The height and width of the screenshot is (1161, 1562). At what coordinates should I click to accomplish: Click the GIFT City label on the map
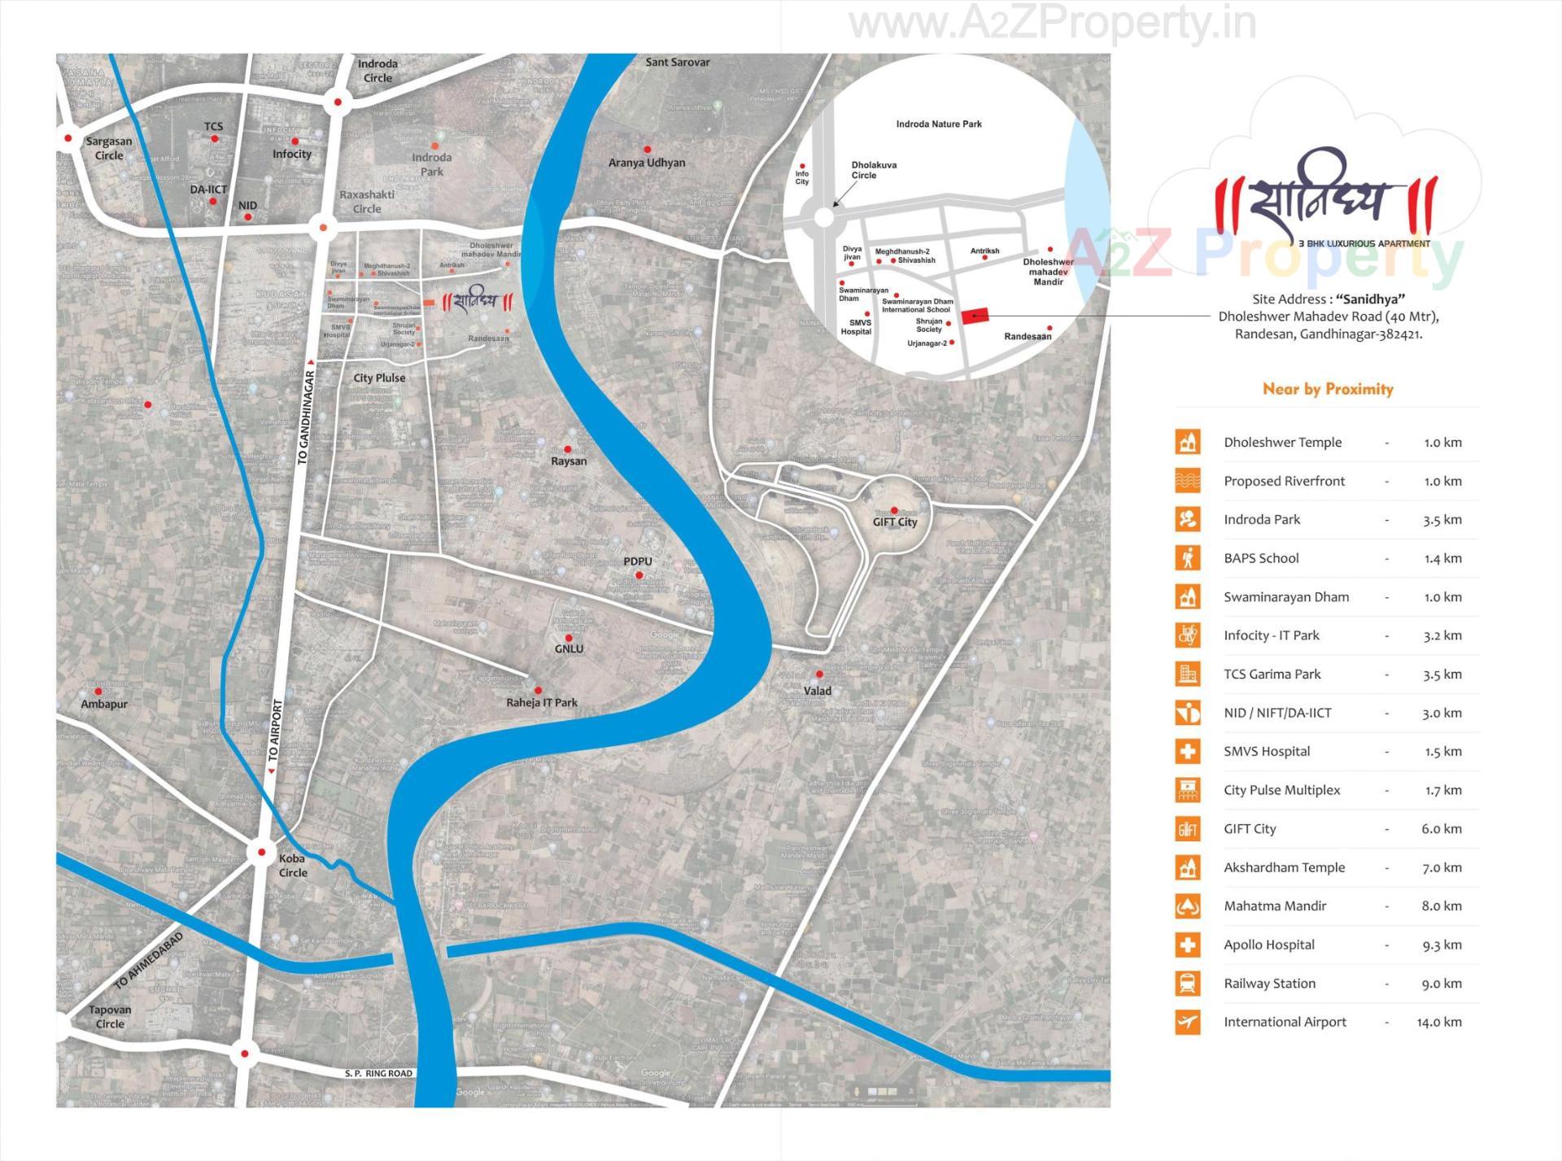click(895, 522)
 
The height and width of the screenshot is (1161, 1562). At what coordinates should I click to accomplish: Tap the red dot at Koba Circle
click(262, 853)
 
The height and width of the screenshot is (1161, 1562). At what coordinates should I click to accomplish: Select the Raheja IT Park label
click(542, 703)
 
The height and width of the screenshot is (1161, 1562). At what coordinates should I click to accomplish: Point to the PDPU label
click(638, 561)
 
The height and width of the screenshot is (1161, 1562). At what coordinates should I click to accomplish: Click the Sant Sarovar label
click(678, 62)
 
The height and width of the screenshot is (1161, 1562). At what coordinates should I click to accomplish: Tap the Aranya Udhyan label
click(647, 163)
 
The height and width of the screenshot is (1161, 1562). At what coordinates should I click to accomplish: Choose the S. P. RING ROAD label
click(378, 1073)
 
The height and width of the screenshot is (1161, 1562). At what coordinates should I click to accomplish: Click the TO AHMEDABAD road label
click(149, 961)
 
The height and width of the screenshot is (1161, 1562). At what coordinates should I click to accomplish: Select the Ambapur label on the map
click(104, 705)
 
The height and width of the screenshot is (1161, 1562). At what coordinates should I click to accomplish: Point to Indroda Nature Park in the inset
click(939, 124)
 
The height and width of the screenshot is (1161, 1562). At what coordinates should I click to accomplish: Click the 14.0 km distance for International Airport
click(1438, 1022)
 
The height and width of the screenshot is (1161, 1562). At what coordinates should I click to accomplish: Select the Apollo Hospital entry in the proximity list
click(1268, 945)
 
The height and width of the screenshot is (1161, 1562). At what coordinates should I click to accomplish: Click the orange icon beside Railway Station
click(1188, 984)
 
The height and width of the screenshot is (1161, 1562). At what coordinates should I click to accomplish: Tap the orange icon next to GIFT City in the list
click(1188, 829)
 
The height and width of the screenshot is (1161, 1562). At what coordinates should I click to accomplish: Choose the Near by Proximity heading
click(1328, 389)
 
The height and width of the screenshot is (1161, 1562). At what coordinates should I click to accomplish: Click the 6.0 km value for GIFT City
click(1441, 829)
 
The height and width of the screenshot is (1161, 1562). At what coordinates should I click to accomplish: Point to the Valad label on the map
click(818, 692)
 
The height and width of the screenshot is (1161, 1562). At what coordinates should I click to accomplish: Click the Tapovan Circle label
click(110, 1017)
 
